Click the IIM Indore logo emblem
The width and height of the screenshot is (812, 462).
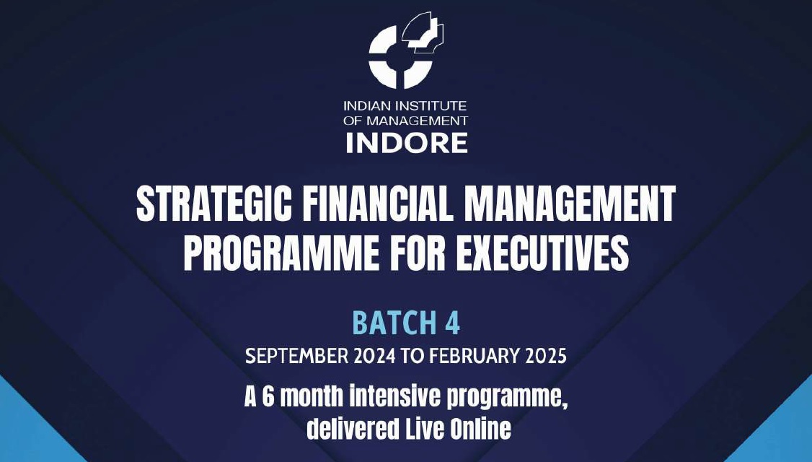(405, 51)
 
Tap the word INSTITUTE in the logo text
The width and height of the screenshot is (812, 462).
(433, 107)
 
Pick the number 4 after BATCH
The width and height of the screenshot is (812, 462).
(452, 323)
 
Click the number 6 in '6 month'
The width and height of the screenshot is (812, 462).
(268, 398)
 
